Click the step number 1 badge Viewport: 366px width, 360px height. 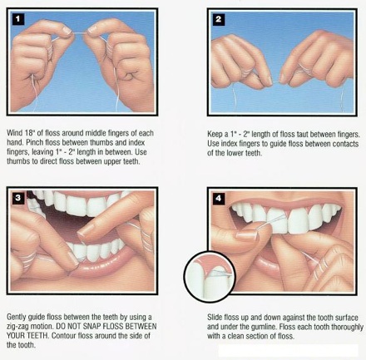18,19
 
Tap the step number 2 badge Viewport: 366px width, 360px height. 219,19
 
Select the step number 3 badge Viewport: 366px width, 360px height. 18,198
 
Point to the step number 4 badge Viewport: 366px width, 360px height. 219,198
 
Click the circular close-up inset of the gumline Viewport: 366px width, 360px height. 210,277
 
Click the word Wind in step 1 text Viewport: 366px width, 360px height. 14,133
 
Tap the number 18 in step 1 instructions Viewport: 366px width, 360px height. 29,133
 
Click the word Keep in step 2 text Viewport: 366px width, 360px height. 215,135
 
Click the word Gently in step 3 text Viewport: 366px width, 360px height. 17,317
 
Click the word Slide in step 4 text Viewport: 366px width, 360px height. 215,318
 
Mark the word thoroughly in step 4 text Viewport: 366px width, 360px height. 347,327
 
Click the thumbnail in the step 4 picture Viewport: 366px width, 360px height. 247,236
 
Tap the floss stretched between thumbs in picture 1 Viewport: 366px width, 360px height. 79,33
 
